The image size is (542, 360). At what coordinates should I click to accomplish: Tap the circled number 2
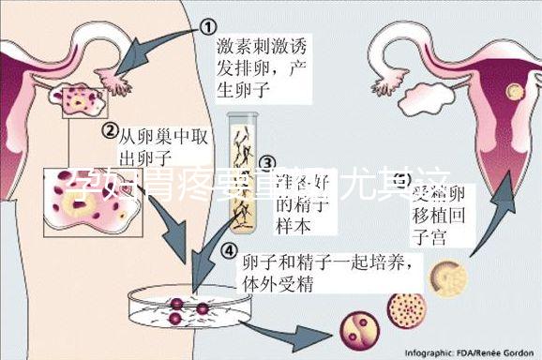click(109, 130)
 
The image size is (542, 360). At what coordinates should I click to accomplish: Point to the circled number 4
click(229, 250)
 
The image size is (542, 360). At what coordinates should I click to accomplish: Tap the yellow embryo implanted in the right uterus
click(512, 93)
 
